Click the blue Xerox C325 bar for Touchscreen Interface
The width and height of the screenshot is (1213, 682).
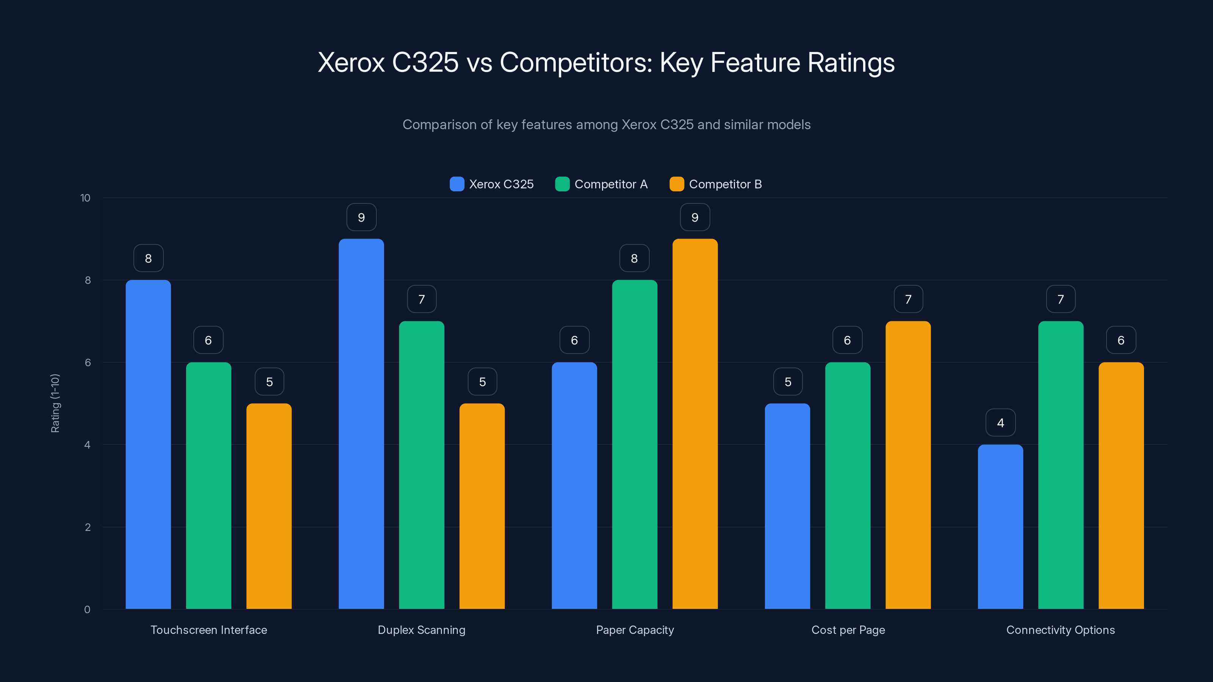point(148,444)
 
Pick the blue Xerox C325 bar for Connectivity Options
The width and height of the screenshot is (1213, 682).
point(1000,527)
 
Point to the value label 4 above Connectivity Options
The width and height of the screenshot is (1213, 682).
point(1000,423)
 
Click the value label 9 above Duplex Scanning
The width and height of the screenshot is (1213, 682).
point(361,217)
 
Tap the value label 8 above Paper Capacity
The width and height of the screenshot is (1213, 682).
point(634,258)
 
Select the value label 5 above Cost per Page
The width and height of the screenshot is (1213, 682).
point(787,382)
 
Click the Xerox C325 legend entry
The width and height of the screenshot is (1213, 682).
point(492,184)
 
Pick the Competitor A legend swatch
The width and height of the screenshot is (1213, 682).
point(562,184)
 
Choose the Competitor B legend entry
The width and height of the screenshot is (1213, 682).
point(715,184)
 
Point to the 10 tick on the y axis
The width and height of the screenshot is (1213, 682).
point(85,198)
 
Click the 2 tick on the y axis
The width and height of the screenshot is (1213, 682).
point(88,527)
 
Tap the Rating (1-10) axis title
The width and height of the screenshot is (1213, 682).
point(55,404)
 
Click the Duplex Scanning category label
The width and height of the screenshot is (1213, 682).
point(422,630)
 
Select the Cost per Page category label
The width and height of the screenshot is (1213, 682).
point(848,630)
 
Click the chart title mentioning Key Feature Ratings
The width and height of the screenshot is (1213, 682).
point(606,62)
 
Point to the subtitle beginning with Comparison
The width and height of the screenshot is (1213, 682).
point(606,125)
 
